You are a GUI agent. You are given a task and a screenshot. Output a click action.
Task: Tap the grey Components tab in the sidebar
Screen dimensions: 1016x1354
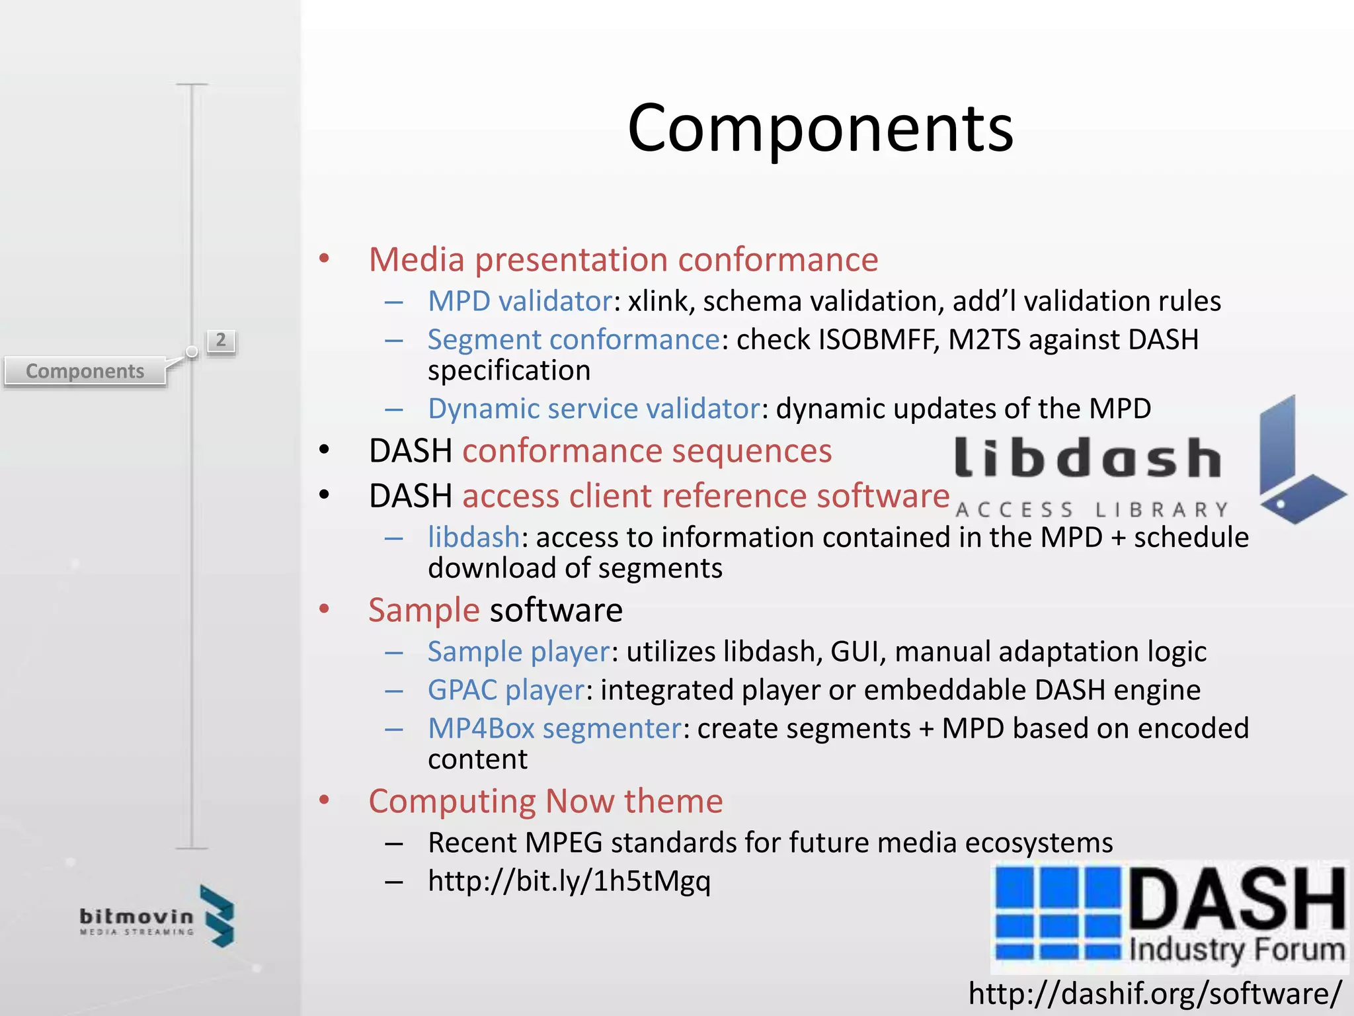pos(85,371)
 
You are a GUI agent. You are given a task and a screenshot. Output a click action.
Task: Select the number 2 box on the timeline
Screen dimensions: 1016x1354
pos(221,341)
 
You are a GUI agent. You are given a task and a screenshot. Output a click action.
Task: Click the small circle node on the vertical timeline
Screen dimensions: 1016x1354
pos(192,352)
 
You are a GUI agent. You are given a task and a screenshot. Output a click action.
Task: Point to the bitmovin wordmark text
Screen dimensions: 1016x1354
pos(136,916)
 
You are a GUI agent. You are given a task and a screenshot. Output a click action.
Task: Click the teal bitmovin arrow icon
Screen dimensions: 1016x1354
pos(219,916)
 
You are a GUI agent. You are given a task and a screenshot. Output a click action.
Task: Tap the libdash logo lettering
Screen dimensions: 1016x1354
pos(1088,458)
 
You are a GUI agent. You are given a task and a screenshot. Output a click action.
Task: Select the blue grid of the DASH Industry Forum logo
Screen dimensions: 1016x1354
pos(1058,913)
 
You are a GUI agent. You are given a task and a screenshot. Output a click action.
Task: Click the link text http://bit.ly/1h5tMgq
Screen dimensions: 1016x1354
pos(569,881)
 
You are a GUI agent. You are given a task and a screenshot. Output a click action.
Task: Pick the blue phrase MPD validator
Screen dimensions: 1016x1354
pos(520,301)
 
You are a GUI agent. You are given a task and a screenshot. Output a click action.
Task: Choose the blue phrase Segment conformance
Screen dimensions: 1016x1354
pos(573,339)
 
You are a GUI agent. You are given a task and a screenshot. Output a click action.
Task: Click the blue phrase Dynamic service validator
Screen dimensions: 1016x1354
pos(594,409)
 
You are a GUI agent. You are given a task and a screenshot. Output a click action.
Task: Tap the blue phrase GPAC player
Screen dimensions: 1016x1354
pos(506,690)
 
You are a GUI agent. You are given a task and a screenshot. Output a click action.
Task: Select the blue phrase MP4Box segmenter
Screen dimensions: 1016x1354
pos(554,728)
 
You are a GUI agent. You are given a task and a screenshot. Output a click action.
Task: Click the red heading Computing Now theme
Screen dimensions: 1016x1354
pos(545,801)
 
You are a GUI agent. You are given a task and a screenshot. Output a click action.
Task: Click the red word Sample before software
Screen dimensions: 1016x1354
pos(424,610)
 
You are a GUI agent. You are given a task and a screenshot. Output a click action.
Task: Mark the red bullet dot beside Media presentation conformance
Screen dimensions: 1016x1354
pos(324,258)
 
